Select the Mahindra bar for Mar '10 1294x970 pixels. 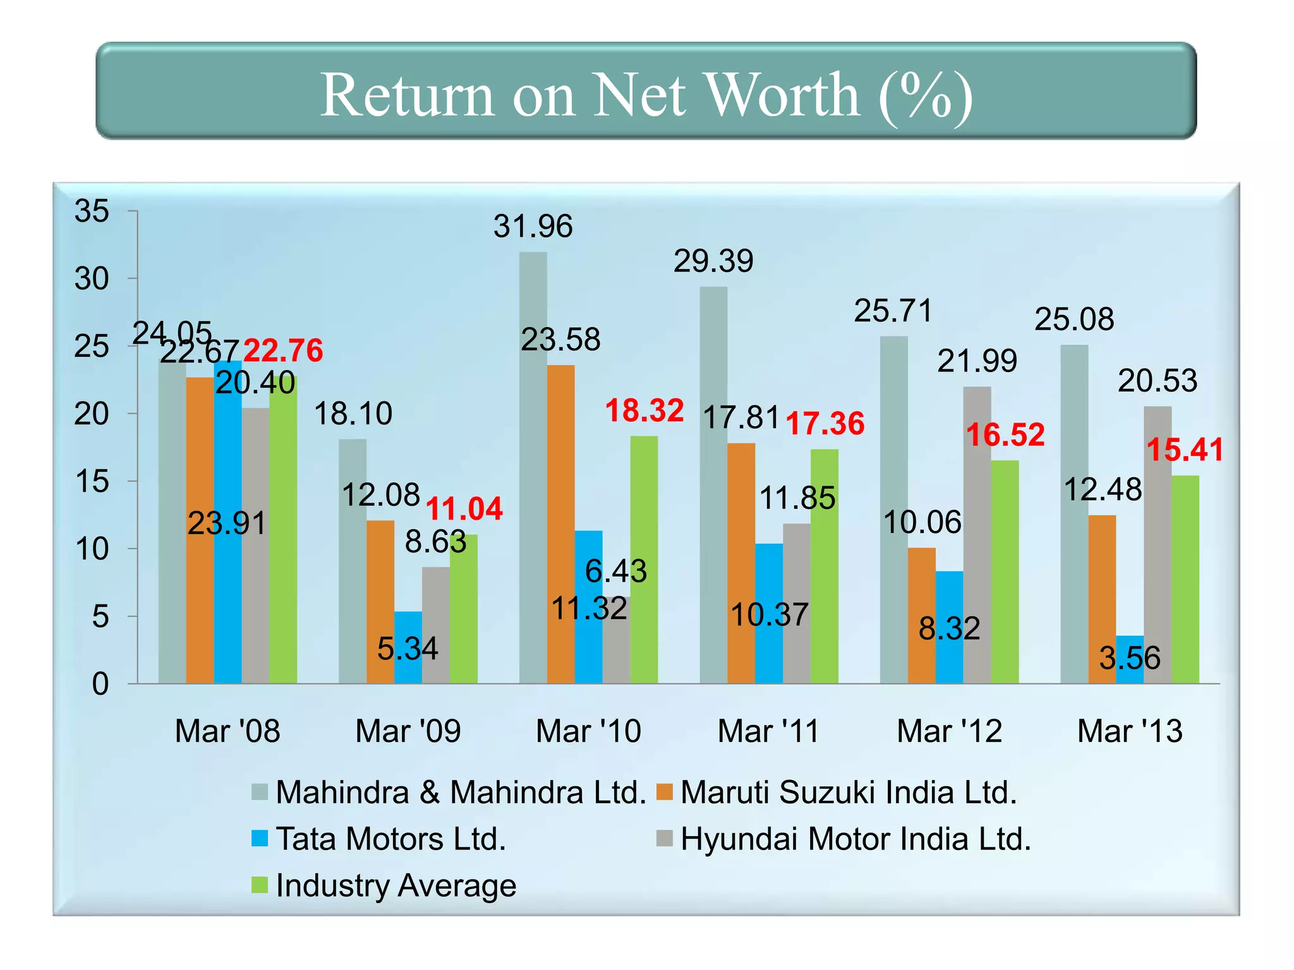tap(533, 467)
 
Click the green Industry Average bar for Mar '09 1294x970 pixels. tap(463, 609)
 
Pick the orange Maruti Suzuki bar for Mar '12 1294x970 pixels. tap(921, 616)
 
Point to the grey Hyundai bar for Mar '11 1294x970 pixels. tap(796, 603)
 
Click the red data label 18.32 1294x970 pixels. tap(644, 410)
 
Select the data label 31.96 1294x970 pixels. tap(533, 226)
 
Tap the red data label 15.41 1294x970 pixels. tap(1185, 450)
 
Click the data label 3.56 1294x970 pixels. tap(1130, 658)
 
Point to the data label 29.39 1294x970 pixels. tap(713, 261)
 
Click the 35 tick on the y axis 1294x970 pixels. tap(92, 211)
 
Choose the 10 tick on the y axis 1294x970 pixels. tap(92, 549)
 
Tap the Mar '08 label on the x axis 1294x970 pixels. tap(227, 731)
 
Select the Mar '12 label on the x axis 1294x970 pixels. tap(949, 731)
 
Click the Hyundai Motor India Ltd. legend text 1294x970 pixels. tap(856, 839)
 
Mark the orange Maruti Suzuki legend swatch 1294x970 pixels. tap(665, 792)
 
